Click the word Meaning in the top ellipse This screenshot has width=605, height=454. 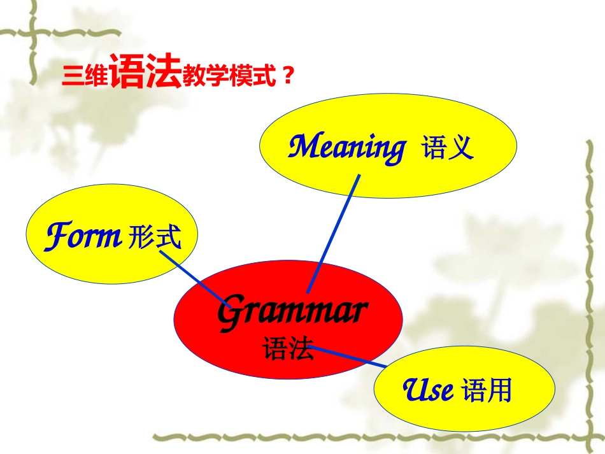[346, 148]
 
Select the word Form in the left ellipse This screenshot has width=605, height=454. [83, 237]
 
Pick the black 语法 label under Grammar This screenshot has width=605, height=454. [288, 349]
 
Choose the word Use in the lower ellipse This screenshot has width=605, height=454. [429, 390]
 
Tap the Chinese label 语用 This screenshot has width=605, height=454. [487, 390]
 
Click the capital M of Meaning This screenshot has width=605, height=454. [304, 147]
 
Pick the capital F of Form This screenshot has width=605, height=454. [56, 236]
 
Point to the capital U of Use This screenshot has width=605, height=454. [414, 389]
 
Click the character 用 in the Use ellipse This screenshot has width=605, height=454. [500, 390]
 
